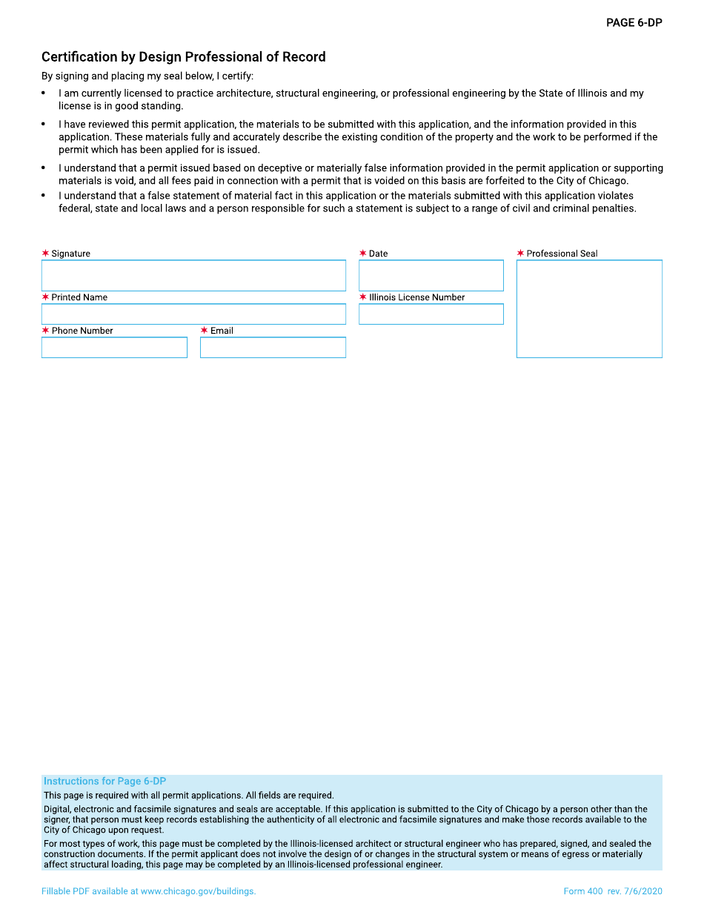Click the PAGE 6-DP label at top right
pos(634,23)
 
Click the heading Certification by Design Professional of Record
pos(183,57)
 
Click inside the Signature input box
pos(193,276)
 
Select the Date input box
pos(431,276)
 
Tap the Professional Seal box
pos(589,309)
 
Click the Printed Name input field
pos(193,314)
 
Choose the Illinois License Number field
pos(431,314)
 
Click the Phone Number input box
pos(114,348)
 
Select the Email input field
pos(273,348)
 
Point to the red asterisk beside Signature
pos(45,254)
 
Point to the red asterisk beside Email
pos(204,331)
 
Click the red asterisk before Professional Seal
pos(520,254)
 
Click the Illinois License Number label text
pos(417,297)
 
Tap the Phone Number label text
pos(82,331)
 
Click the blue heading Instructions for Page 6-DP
pos(104,782)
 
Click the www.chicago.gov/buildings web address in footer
pos(198,891)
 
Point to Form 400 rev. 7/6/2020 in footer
pos(612,891)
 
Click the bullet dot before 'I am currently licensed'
pos(44,93)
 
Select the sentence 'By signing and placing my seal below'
pos(147,76)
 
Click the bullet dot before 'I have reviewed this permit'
pos(44,125)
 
